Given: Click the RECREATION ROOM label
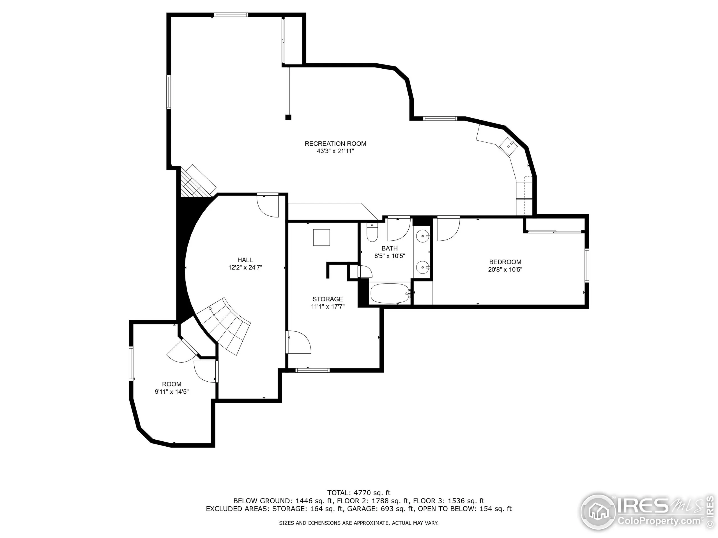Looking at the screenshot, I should tap(335, 144).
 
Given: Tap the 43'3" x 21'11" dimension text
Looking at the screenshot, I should tap(335, 151).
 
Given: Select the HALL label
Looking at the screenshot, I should tap(245, 260).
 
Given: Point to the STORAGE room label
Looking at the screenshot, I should tap(328, 299).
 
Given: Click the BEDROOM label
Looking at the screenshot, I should tap(505, 262).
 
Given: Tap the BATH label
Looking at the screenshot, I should tap(390, 249).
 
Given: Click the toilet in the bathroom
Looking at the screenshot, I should tap(372, 233).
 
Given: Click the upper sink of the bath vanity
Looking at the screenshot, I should tap(423, 236).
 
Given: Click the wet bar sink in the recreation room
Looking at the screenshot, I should tap(508, 146).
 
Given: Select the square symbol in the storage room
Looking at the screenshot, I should tap(321, 238).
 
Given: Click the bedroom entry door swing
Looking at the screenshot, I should tap(448, 229).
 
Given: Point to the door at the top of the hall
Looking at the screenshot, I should tap(268, 206).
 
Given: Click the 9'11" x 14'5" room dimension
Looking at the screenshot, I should tap(172, 392).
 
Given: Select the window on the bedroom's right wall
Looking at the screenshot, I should tap(586, 265).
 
